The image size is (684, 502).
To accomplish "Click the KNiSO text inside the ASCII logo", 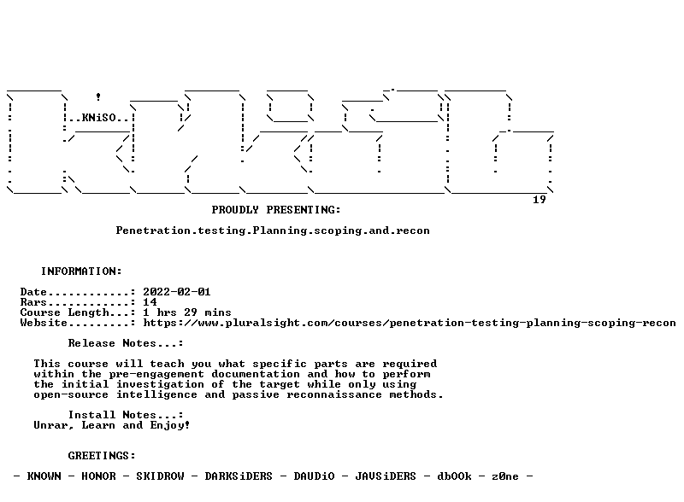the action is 99,118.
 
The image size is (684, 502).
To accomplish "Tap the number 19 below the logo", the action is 540,200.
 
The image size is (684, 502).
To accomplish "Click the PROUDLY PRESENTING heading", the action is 276,210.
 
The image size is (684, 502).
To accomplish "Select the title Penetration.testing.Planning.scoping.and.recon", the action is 273,231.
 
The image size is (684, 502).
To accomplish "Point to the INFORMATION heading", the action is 81,271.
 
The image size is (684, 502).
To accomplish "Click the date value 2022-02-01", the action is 177,292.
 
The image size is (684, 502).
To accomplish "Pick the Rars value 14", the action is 150,302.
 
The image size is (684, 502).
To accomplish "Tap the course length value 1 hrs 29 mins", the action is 187,312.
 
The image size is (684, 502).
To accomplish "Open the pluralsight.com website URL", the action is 410,323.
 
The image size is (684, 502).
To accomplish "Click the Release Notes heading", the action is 126,343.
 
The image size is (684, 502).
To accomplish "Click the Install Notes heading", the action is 126,415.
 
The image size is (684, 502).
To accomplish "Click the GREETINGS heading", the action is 102,456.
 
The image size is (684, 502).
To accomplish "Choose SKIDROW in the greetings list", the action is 160,476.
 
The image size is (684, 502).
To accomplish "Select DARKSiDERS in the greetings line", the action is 239,476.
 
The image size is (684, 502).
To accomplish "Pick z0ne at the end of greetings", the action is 505,476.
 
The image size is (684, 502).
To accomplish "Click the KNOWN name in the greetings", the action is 44,476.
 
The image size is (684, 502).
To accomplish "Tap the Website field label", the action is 44,323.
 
